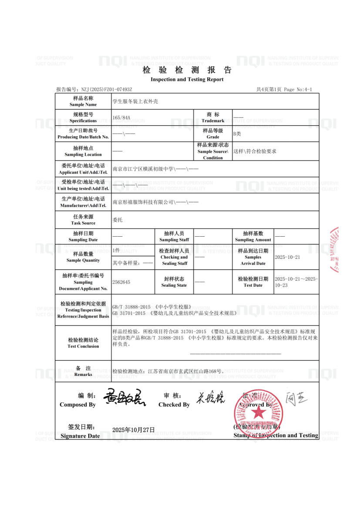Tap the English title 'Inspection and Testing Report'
click(x=187, y=79)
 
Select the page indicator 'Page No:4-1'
click(x=298, y=89)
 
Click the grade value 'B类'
click(x=237, y=134)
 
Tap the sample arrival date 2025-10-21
click(x=288, y=257)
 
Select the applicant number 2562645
click(x=121, y=282)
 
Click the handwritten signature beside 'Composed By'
click(x=124, y=397)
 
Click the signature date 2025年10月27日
click(x=134, y=430)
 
